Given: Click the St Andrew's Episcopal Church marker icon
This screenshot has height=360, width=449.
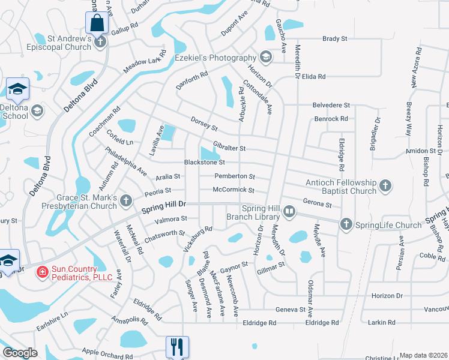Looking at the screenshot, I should (x=100, y=41).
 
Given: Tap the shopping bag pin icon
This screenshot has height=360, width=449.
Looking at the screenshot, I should (x=96, y=24).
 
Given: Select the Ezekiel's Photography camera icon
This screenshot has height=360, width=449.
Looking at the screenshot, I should (x=265, y=58).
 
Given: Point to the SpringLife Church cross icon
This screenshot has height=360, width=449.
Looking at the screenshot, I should (x=346, y=224).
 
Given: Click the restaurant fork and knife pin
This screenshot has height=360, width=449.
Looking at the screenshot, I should (x=177, y=346).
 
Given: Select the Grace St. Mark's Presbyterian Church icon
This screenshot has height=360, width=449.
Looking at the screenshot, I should (x=125, y=200).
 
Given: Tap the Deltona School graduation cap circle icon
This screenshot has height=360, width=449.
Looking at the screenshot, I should (x=37, y=110).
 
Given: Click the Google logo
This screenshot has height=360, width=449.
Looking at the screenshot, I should (x=20, y=353).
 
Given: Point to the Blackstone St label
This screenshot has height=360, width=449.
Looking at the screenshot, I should (x=204, y=162).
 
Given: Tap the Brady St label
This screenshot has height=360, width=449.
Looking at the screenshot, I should (x=335, y=38).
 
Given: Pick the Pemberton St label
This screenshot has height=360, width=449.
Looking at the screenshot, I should (x=235, y=176).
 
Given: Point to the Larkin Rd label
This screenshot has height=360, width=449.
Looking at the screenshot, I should (x=382, y=323).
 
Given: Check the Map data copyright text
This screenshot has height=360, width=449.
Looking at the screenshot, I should (x=423, y=355).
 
